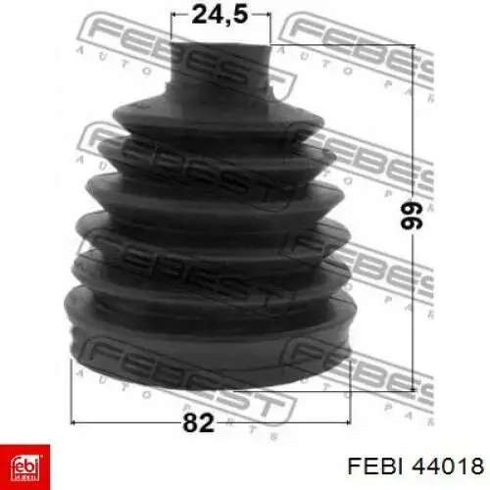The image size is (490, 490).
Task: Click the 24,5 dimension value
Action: (220, 15)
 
